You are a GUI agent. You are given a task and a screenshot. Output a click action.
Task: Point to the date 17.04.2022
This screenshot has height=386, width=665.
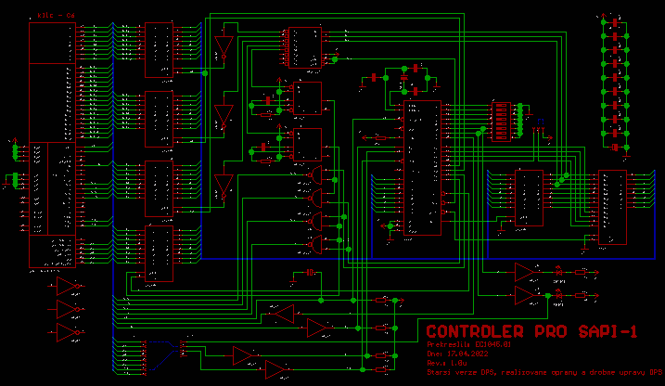[x=467, y=354]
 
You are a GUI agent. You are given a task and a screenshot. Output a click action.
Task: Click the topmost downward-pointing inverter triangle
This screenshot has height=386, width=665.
[x=222, y=47]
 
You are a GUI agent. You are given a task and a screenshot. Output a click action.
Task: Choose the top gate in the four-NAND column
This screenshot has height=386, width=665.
[x=317, y=176]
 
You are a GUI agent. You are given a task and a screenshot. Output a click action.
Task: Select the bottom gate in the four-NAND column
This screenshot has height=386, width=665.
[x=317, y=244]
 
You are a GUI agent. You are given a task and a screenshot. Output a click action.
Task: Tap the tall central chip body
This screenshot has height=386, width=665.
[x=422, y=167]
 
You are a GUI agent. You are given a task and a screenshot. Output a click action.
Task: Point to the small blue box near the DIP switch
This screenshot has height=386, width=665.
[x=540, y=122]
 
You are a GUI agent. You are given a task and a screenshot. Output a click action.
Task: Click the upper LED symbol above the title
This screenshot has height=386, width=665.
[x=557, y=272]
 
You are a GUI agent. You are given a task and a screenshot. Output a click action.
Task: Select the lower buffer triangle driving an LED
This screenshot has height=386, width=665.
[x=526, y=294]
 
